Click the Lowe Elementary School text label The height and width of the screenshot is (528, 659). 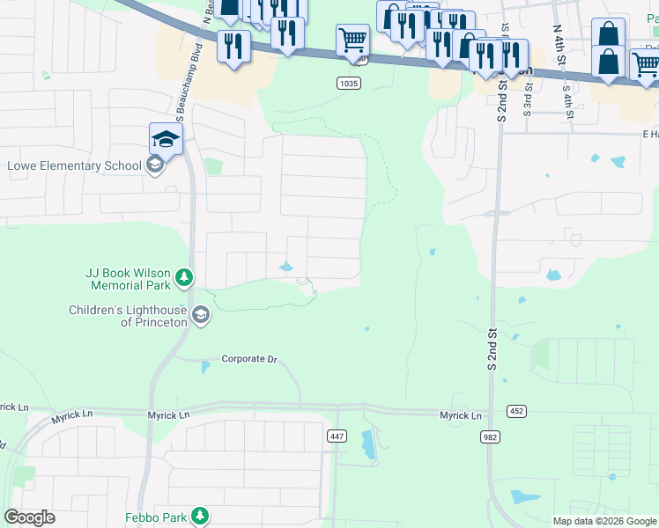[73, 165]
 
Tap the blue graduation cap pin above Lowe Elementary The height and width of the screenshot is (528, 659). [166, 138]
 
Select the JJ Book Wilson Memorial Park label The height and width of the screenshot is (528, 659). [129, 279]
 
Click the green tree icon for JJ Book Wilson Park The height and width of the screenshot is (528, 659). [184, 279]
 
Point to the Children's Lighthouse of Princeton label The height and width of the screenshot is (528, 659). [129, 316]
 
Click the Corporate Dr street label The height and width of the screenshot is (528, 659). [249, 359]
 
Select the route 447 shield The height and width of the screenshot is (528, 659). [337, 436]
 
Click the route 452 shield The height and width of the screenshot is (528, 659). [517, 411]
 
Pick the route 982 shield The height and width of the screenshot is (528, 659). [491, 436]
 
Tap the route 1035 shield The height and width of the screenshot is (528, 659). [348, 83]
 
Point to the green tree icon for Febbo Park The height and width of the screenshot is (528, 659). [201, 515]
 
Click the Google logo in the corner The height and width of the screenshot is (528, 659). [29, 517]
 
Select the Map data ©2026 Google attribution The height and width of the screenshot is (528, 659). [604, 521]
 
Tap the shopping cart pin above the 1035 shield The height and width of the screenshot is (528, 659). [352, 39]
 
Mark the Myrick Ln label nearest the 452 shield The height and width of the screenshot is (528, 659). [462, 415]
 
